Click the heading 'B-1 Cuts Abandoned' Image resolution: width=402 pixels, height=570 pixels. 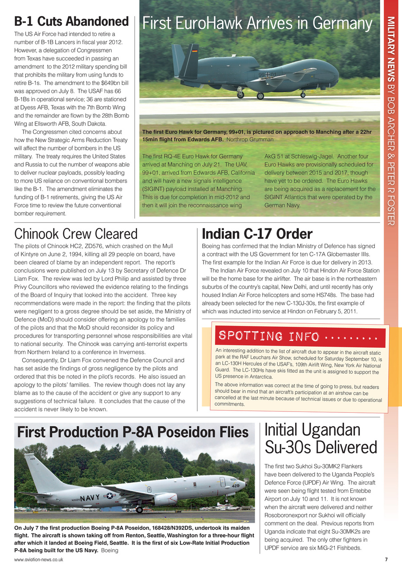[71, 21]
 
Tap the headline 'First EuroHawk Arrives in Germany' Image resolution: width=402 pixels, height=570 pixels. [257, 24]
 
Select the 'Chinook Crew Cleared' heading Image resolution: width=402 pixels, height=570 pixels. [76, 234]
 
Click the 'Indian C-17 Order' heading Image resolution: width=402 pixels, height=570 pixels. [257, 234]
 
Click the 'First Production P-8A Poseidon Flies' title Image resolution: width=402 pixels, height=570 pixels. [132, 432]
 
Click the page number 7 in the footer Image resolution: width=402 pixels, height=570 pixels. [386, 559]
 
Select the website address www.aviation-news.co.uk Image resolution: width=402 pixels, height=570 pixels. [38, 559]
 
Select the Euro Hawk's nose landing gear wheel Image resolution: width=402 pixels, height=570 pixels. [303, 94]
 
